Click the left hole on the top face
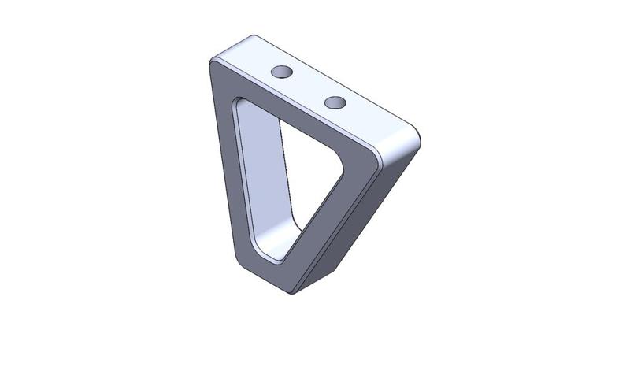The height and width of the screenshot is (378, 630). click(x=281, y=72)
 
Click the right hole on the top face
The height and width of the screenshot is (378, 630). click(x=335, y=102)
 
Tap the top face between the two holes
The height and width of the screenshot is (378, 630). click(x=308, y=87)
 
